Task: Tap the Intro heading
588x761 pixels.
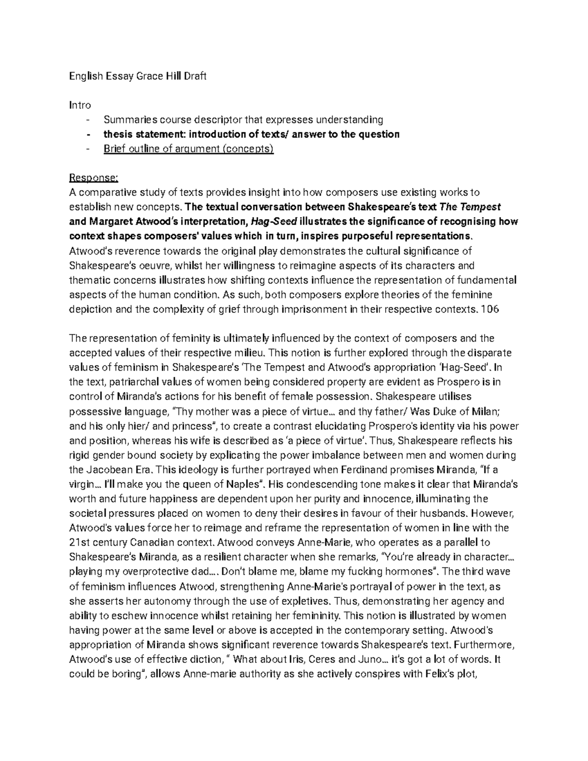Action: (80, 105)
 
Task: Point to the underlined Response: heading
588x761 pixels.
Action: (91, 177)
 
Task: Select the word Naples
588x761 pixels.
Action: (243, 484)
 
